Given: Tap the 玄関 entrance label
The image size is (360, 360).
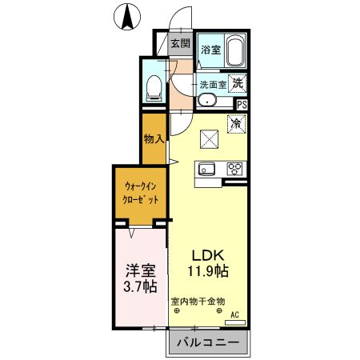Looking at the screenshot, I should click(181, 43).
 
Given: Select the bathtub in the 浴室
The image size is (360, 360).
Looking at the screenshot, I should click(235, 52).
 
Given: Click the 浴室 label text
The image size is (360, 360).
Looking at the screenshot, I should click(210, 50).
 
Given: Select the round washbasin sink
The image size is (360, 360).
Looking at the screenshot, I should click(207, 100).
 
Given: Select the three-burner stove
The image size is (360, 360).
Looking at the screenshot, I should click(235, 168).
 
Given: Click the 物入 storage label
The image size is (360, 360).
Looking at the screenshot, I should click(154, 138).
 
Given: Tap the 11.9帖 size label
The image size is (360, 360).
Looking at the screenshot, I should click(208, 271).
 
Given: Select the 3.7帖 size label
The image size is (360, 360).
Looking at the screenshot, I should click(139, 286).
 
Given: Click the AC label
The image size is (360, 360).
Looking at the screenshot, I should click(235, 314).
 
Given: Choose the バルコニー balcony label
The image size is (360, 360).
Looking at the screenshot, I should click(207, 342).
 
